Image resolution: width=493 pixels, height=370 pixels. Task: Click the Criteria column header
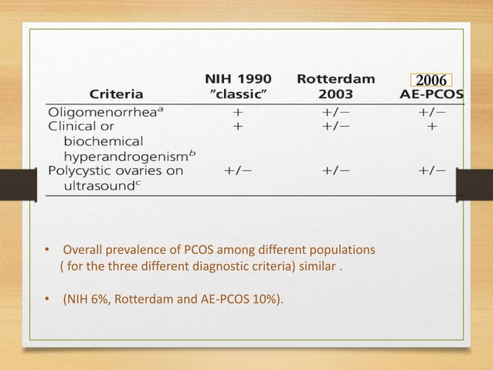[x=117, y=94]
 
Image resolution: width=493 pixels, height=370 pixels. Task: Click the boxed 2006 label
[x=431, y=81]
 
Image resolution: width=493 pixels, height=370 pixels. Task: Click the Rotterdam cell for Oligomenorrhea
[x=335, y=111]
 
